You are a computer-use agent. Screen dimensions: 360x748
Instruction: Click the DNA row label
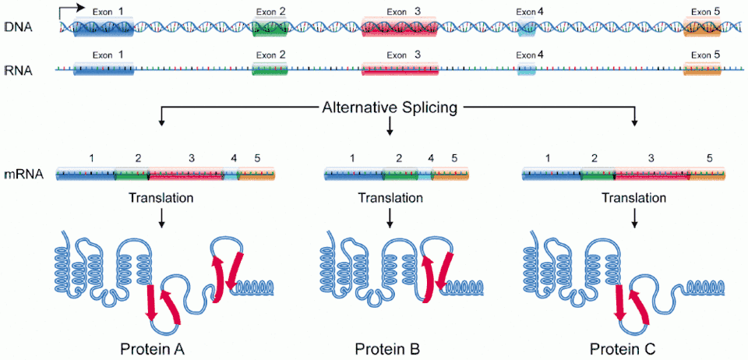coord(13,26)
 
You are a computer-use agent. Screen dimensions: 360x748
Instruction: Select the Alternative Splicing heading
coord(389,108)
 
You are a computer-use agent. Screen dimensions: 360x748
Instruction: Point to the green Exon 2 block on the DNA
coord(270,28)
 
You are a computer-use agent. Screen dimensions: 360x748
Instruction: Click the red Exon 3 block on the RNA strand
coord(400,70)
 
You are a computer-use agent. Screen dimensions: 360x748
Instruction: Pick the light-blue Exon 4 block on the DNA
coord(527,29)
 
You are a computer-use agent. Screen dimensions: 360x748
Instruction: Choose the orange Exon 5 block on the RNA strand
coord(702,70)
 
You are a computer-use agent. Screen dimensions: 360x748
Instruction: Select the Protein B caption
coord(388,347)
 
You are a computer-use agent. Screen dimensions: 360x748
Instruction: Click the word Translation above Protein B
coord(389,198)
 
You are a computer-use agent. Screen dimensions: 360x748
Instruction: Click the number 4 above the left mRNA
coord(234,158)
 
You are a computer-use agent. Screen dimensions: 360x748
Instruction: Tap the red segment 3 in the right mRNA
coord(651,175)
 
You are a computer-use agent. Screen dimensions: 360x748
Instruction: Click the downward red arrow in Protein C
coord(621,304)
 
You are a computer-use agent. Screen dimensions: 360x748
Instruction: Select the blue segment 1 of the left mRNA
coord(86,175)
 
